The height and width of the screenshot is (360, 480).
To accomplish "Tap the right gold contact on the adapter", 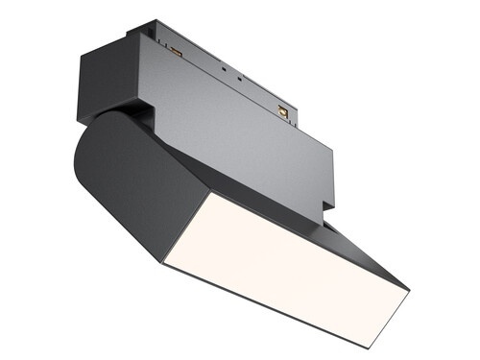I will pos(282,112).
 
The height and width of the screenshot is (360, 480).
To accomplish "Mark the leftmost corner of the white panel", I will pos(162,262).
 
